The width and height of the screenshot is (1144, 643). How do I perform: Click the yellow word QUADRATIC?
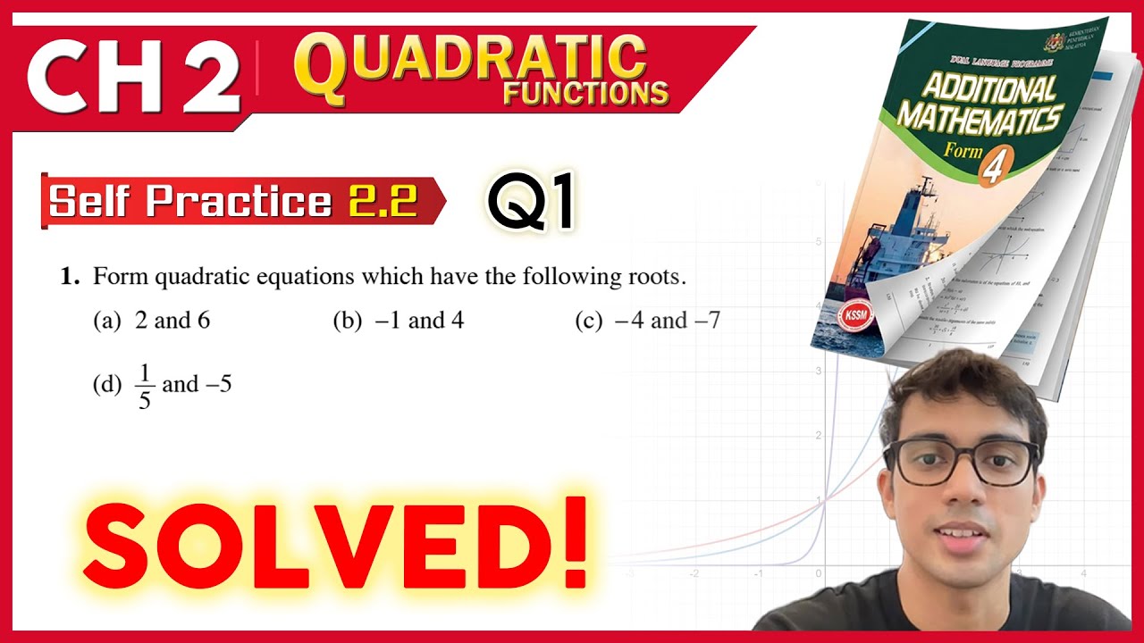coord(472,61)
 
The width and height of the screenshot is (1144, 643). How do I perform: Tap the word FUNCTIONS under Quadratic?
coord(585,93)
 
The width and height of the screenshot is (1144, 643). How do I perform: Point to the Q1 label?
coord(531,202)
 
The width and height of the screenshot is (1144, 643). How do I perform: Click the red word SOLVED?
coord(336,542)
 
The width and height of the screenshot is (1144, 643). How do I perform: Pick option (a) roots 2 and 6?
coord(152,321)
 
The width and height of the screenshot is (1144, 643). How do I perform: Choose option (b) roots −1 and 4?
coord(399,321)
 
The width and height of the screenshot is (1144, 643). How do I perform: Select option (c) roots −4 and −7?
coord(648,321)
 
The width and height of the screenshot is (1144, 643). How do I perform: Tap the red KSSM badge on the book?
coord(854,317)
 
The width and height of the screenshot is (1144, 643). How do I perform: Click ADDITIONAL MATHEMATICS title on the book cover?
coord(979,103)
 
